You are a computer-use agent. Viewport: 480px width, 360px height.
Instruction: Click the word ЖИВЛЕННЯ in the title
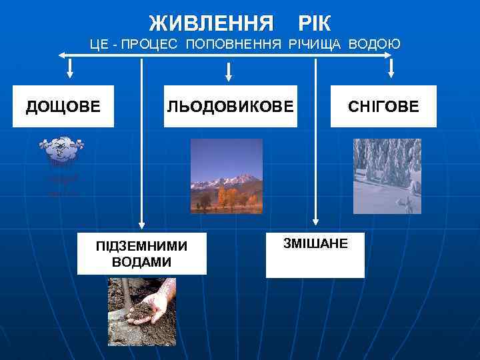pyautogui.click(x=211, y=23)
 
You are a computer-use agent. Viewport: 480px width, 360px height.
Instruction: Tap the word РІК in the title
pyautogui.click(x=314, y=23)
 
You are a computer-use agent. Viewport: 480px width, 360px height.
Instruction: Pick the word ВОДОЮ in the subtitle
pyautogui.click(x=375, y=45)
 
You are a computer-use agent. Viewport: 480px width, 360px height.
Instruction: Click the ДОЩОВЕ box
pyautogui.click(x=64, y=106)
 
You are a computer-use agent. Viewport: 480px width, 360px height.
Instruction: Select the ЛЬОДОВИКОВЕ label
pyautogui.click(x=230, y=106)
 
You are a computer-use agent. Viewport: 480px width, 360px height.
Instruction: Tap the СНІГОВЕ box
pyautogui.click(x=383, y=106)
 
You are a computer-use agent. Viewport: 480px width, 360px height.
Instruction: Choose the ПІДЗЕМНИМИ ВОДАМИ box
pyautogui.click(x=141, y=254)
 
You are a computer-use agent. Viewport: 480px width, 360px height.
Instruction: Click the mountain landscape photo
pyautogui.click(x=226, y=176)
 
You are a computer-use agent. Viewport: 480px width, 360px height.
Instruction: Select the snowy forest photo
pyautogui.click(x=387, y=176)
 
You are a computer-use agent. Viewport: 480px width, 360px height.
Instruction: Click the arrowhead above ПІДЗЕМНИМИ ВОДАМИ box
pyautogui.click(x=141, y=225)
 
